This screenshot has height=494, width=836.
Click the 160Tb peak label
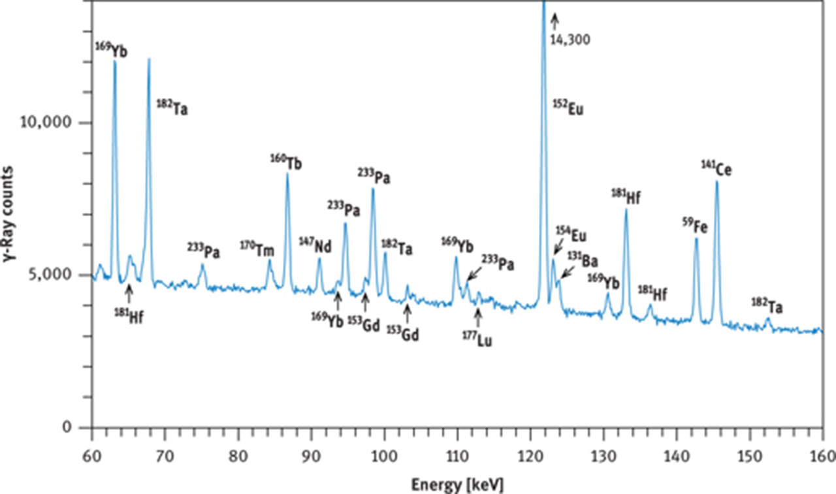pyautogui.click(x=287, y=162)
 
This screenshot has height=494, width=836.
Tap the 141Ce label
pyautogui.click(x=716, y=170)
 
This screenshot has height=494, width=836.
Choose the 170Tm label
pyautogui.click(x=257, y=249)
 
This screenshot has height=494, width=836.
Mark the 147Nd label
pyautogui.click(x=315, y=246)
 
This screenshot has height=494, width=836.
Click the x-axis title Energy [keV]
pyautogui.click(x=457, y=485)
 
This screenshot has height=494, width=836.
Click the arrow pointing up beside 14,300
pyautogui.click(x=555, y=20)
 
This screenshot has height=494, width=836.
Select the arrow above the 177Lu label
pyautogui.click(x=477, y=316)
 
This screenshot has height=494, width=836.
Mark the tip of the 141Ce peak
pyautogui.click(x=716, y=182)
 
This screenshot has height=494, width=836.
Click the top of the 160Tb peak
pyautogui.click(x=287, y=174)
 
